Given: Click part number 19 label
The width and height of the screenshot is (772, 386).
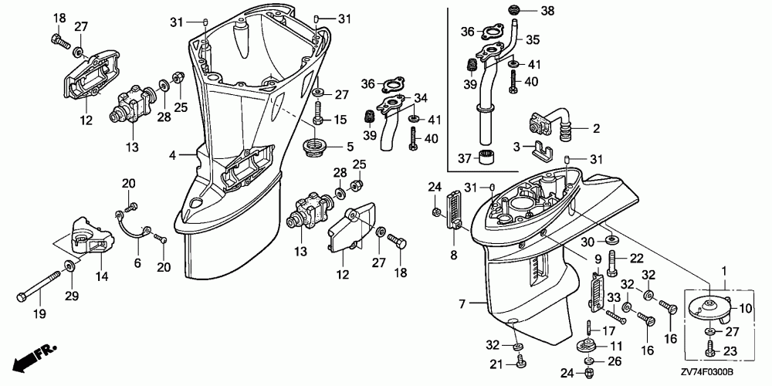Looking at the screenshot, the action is point(39,313).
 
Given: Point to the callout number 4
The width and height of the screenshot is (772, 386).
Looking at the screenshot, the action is point(172,156).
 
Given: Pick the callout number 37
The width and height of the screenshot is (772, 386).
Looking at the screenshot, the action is point(465,158).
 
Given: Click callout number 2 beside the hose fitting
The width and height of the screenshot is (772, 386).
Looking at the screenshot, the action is point(596,129).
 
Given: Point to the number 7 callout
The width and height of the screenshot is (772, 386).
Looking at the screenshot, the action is point(462,304).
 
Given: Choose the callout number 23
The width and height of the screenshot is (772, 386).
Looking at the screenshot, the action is point(730,351).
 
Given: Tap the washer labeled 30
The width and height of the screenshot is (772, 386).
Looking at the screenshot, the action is point(612,240).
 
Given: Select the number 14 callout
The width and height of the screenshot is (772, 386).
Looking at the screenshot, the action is point(101,276).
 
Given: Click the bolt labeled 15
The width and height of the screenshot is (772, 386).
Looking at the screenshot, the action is point(317,112).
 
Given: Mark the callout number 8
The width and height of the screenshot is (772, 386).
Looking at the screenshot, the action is point(453,255).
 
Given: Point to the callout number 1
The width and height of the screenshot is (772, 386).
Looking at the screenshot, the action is point(724,270).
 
